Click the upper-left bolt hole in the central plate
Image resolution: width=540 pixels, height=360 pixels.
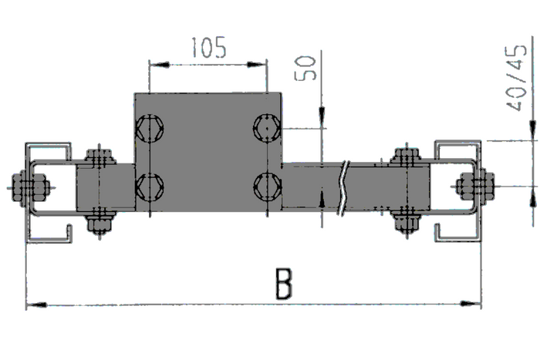tap(150, 127)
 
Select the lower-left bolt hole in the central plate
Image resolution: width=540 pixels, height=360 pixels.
tap(150, 186)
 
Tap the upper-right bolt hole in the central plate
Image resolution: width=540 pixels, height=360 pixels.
tap(266, 127)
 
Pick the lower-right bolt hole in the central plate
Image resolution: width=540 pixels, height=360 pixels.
tap(266, 186)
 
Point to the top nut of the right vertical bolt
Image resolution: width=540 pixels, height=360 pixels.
tap(406, 156)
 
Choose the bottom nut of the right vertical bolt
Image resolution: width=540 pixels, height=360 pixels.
tap(406, 221)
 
